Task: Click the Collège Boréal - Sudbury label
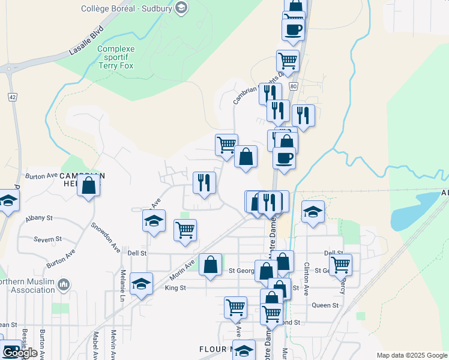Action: tap(128, 8)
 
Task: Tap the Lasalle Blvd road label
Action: tap(86, 41)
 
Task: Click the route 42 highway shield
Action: tap(12, 97)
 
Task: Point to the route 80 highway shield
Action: tap(293, 86)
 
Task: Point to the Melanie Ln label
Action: tap(122, 283)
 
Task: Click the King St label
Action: tap(175, 288)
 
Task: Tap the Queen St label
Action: tap(325, 305)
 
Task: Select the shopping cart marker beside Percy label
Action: tap(340, 264)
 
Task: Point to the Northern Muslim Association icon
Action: tap(65, 284)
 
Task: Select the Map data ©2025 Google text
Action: tap(412, 355)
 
